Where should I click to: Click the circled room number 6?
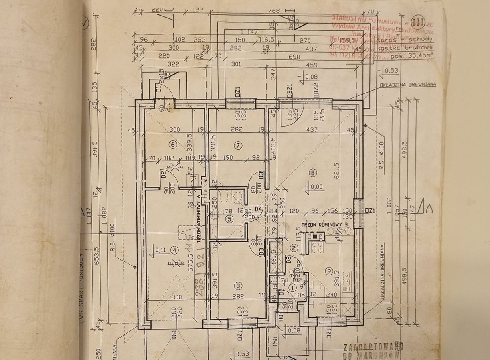tap(173, 145)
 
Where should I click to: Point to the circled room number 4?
tap(173, 250)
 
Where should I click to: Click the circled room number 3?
tap(239, 286)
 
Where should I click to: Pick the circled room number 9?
tap(329, 271)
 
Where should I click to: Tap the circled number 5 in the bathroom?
tap(229, 219)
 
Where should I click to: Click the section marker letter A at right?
tap(429, 208)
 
